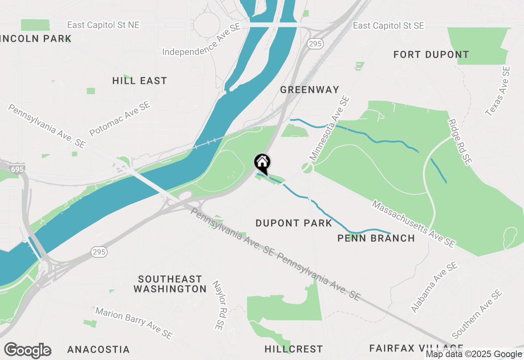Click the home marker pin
pyautogui.click(x=262, y=163)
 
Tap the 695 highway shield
pyautogui.click(x=18, y=169)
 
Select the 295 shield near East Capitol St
pyautogui.click(x=316, y=44)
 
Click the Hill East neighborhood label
pyautogui.click(x=140, y=81)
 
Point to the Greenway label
pyautogui.click(x=310, y=90)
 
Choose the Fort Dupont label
pyautogui.click(x=431, y=54)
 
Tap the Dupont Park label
pyautogui.click(x=294, y=223)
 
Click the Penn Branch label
pyautogui.click(x=376, y=238)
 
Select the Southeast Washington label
pyautogui.click(x=170, y=284)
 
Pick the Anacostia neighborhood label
pyautogui.click(x=98, y=349)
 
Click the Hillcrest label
pyautogui.click(x=294, y=349)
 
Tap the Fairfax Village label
pyautogui.click(x=416, y=348)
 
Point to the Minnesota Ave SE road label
pyautogui.click(x=330, y=128)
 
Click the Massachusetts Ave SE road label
pyautogui.click(x=413, y=224)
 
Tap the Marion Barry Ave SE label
pyautogui.click(x=133, y=323)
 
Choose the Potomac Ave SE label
pyautogui.click(x=120, y=119)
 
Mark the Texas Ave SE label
pyautogui.click(x=498, y=92)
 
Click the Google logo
pyautogui.click(x=27, y=350)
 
